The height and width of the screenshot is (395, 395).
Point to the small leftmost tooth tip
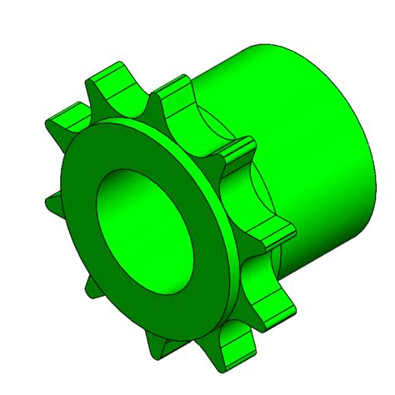[50, 201]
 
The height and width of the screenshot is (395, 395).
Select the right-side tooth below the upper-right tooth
[275, 234]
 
